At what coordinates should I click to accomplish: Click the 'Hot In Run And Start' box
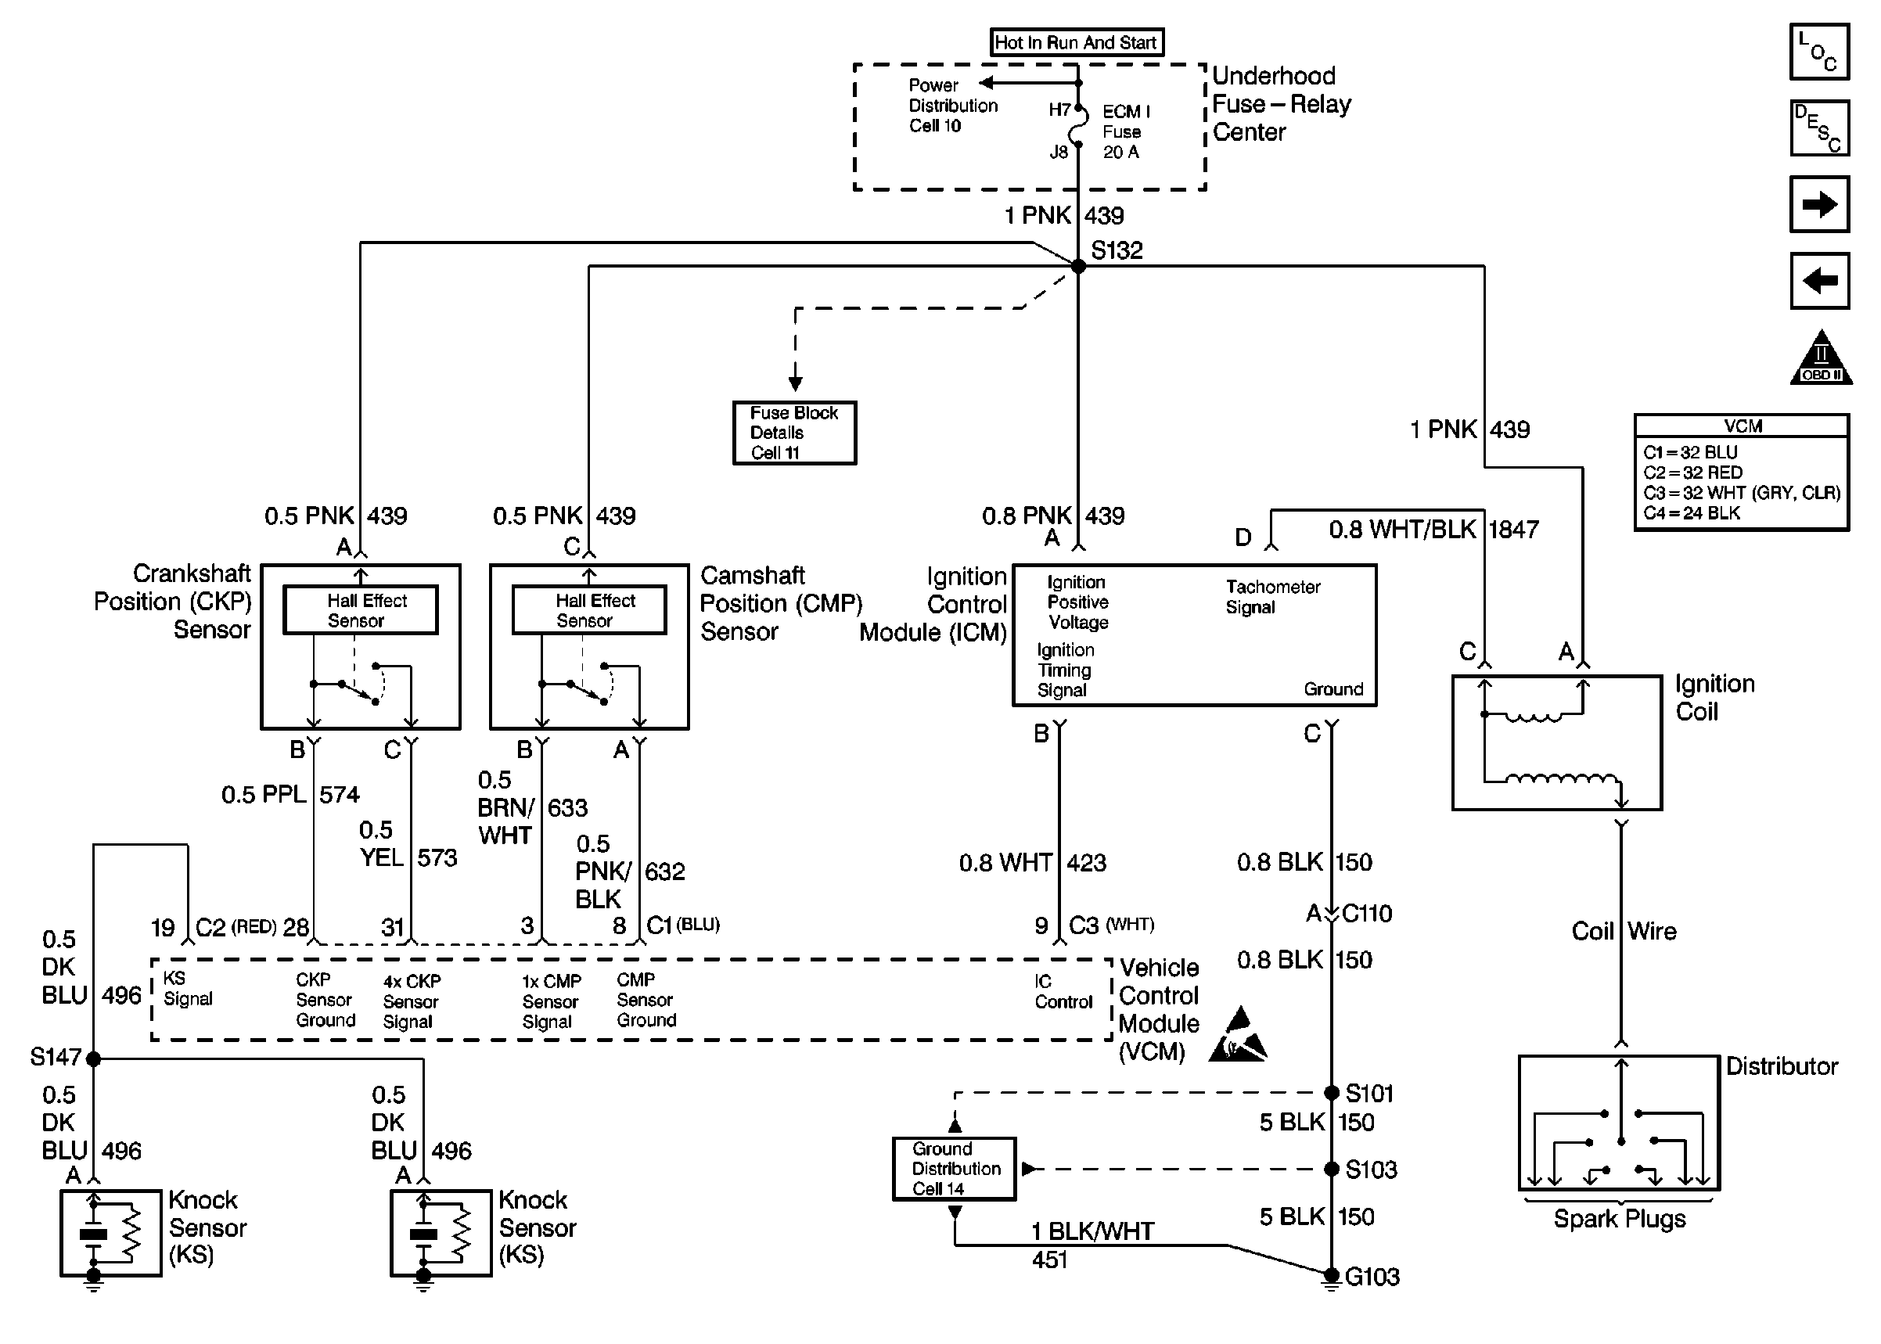tap(1076, 42)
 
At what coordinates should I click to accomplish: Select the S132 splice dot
tap(1078, 267)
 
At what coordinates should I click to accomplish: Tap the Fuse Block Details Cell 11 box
tap(794, 433)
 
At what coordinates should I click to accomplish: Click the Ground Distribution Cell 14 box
tap(954, 1169)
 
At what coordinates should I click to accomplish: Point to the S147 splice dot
tap(94, 1058)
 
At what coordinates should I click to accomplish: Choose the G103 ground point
tap(1332, 1275)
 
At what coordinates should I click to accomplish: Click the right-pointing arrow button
tap(1819, 204)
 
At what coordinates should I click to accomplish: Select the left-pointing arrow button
tap(1819, 281)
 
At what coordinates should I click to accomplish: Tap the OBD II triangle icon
tap(1821, 360)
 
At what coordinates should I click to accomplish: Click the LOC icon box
tap(1819, 52)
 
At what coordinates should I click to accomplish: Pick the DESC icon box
tap(1819, 128)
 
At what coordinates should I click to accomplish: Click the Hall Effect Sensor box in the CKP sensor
tap(360, 611)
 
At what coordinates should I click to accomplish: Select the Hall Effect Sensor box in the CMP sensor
tap(588, 611)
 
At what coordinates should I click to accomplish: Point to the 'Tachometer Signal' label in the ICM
tap(1272, 597)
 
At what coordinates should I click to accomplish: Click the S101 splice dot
tap(1332, 1093)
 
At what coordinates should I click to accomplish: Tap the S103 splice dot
tap(1332, 1170)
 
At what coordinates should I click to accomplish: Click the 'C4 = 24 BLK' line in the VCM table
tap(1692, 513)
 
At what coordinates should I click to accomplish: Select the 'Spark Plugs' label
tap(1619, 1219)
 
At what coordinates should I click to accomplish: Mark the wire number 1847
tap(1513, 530)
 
